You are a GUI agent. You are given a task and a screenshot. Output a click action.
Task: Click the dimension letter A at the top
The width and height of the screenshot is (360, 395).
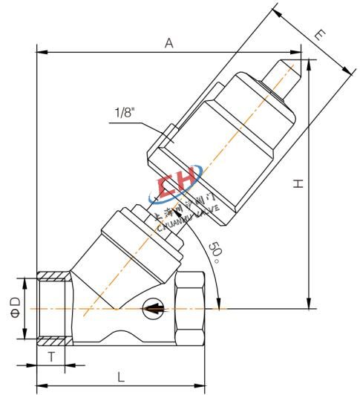(x=169, y=44)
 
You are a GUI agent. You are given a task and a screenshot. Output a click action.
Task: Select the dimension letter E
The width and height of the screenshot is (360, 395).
(x=321, y=34)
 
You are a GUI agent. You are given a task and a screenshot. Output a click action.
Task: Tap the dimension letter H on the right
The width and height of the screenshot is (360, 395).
(x=298, y=183)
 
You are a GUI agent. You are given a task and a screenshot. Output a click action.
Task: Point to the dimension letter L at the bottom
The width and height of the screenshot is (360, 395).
(x=121, y=376)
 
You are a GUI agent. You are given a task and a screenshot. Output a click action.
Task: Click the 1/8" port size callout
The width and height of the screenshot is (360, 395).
(x=125, y=113)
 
